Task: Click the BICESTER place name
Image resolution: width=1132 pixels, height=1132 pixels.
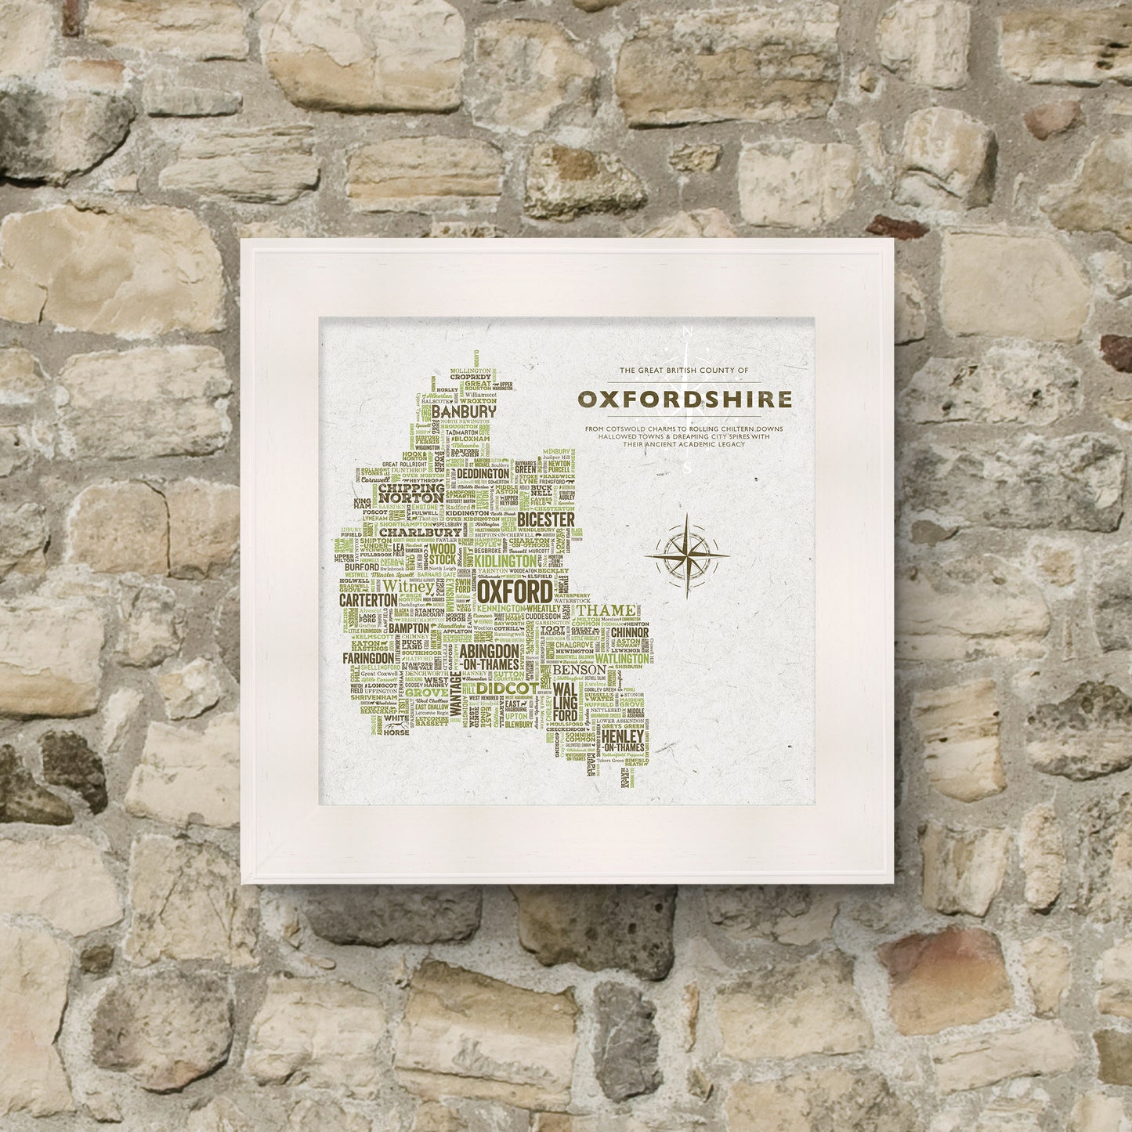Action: (547, 520)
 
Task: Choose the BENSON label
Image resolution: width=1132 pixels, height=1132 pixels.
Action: (578, 671)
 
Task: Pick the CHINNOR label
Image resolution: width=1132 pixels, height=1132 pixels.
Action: (627, 631)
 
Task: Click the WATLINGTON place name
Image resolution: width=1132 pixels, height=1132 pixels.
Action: (620, 660)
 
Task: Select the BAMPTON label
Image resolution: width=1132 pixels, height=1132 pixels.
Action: (409, 628)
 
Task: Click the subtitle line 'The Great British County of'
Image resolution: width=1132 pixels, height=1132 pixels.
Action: (684, 369)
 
